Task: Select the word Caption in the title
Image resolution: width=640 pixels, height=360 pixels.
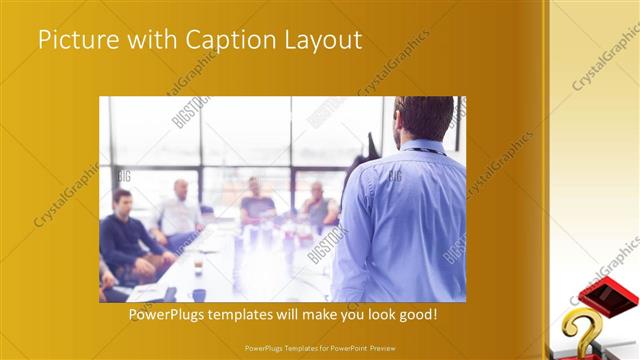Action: [226, 41]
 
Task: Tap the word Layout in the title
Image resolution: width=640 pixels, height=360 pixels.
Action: [323, 41]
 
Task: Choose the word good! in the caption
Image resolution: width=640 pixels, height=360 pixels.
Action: [416, 315]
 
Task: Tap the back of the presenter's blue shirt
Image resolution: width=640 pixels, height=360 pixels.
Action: [405, 225]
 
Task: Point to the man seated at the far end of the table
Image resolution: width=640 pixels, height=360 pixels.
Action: [256, 201]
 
